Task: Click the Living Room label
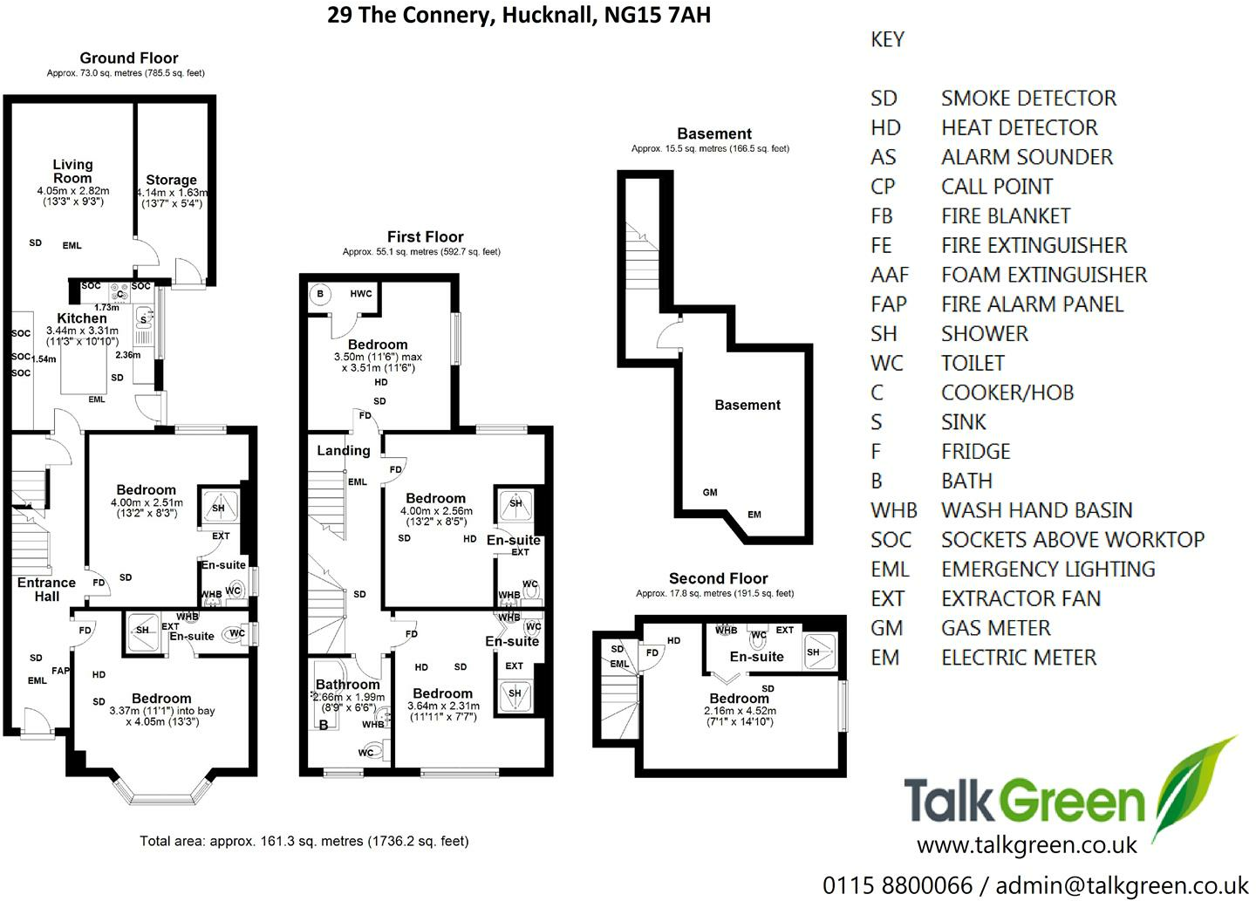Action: click(72, 171)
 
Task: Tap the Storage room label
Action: click(171, 180)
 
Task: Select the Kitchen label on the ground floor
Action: click(82, 318)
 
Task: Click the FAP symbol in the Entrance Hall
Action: click(60, 671)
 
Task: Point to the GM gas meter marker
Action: click(710, 492)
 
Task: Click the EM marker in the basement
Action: click(754, 514)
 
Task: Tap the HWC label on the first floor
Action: click(360, 293)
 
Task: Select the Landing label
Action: click(344, 451)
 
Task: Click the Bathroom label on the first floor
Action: click(348, 684)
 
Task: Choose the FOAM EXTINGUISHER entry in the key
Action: click(1044, 275)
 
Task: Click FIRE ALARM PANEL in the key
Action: click(1033, 304)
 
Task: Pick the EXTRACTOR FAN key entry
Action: click(1021, 599)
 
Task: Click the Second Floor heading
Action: click(719, 578)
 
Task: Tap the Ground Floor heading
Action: click(129, 58)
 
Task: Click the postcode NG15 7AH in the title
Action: click(658, 15)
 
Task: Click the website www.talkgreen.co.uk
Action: click(1027, 845)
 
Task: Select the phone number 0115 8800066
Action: click(898, 886)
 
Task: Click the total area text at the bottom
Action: click(304, 841)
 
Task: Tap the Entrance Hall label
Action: click(46, 590)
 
